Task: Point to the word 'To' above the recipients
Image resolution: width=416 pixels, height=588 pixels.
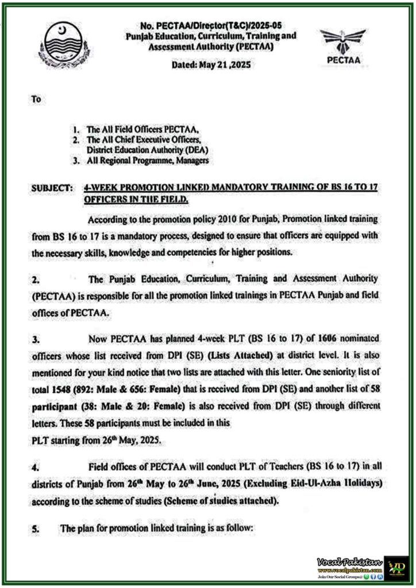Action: [x=36, y=99]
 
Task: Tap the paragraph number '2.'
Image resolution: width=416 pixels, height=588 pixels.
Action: [x=36, y=281]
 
